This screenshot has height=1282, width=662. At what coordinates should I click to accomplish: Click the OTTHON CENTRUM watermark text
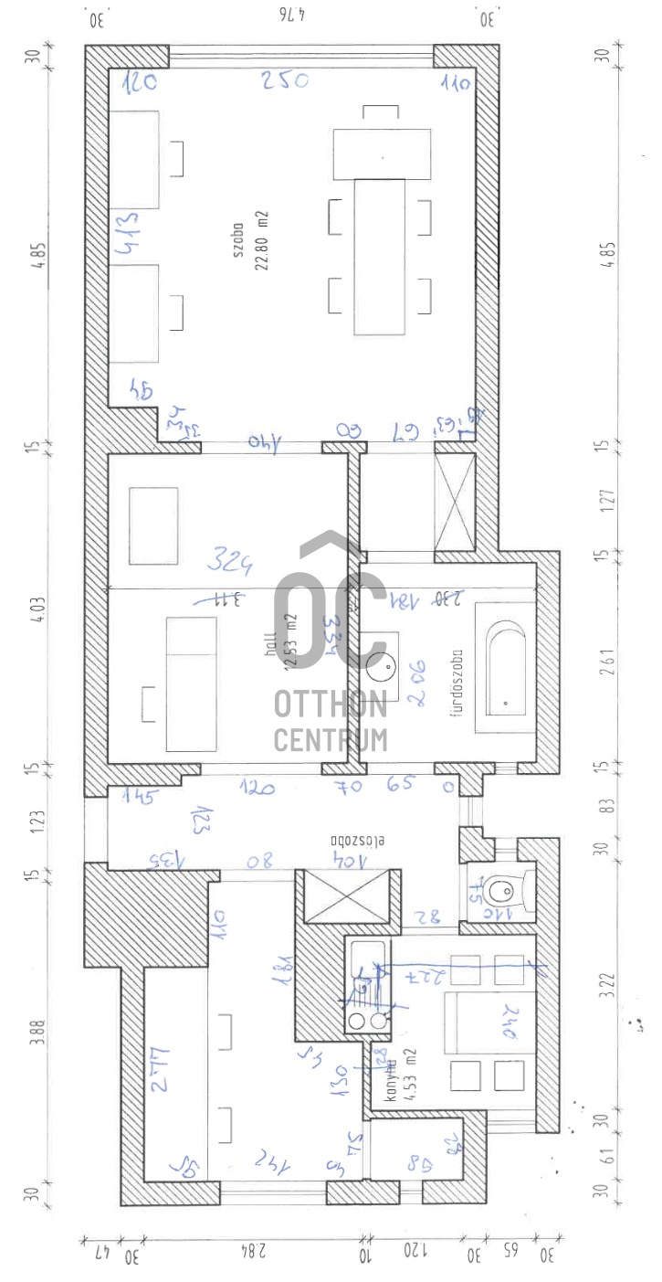click(331, 722)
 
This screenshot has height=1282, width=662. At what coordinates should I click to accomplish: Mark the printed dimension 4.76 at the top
click(289, 16)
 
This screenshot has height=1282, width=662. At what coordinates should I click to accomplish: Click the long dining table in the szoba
click(379, 257)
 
